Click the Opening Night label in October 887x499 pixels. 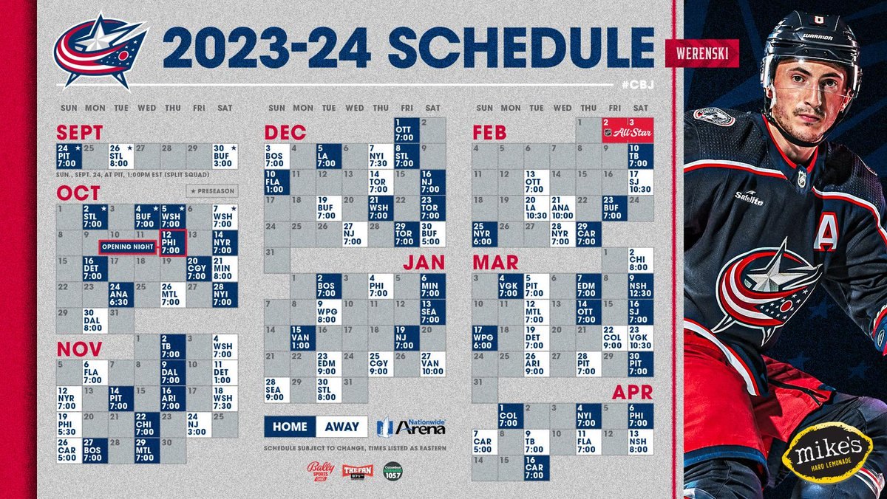pyautogui.click(x=127, y=245)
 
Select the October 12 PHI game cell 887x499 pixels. pyautogui.click(x=172, y=243)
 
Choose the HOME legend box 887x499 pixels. pyautogui.click(x=290, y=426)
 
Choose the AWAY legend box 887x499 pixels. pyautogui.click(x=341, y=426)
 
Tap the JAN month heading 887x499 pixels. pyautogui.click(x=425, y=263)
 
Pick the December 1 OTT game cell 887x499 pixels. pyautogui.click(x=407, y=129)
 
